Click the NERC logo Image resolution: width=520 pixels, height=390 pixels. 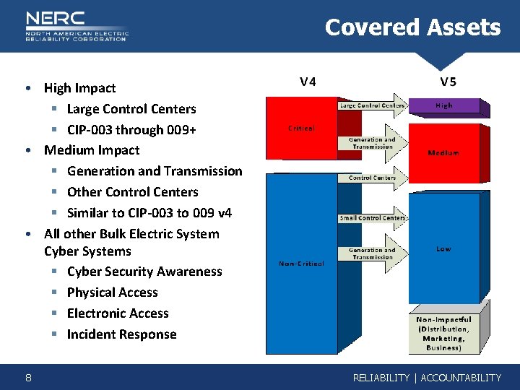[76, 26]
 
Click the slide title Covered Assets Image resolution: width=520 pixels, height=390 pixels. [412, 27]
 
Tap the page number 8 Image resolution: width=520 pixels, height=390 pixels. [27, 377]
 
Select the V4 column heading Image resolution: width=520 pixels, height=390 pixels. [308, 81]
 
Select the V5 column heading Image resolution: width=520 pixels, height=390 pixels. [448, 81]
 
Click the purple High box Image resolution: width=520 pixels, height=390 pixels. [444, 105]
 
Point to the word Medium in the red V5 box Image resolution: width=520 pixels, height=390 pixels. [443, 153]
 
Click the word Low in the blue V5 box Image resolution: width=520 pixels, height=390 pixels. [443, 248]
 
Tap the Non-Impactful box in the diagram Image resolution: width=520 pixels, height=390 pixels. [443, 333]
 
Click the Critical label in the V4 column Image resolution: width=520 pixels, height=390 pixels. [301, 128]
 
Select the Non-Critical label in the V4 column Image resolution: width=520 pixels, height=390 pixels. [301, 264]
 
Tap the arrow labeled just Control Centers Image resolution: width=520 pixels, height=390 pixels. [370, 178]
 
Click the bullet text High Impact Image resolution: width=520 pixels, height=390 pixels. [79, 88]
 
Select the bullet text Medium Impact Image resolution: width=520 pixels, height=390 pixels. [92, 150]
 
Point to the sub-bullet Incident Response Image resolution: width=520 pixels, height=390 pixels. [121, 334]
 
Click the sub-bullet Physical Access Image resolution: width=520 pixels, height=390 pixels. [112, 292]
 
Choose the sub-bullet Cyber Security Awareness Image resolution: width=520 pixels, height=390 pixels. [144, 272]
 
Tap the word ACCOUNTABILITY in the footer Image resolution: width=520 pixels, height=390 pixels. [461, 378]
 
